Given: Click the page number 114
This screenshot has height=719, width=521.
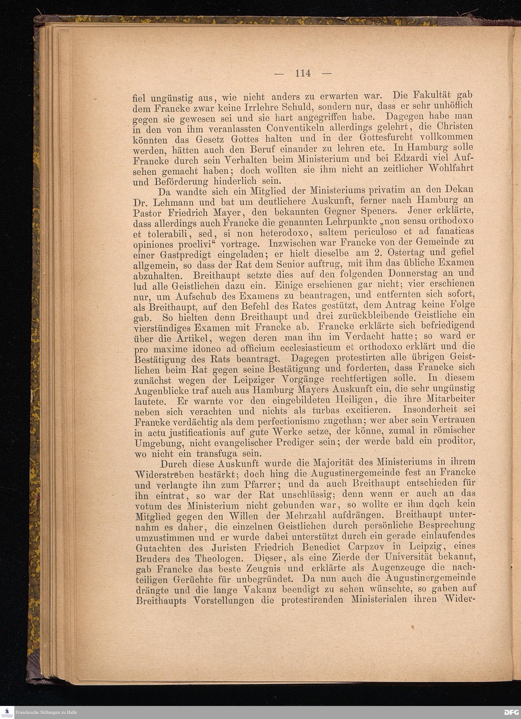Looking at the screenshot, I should tap(303, 73).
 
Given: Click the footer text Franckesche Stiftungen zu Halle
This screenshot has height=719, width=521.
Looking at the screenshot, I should tap(46, 712).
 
